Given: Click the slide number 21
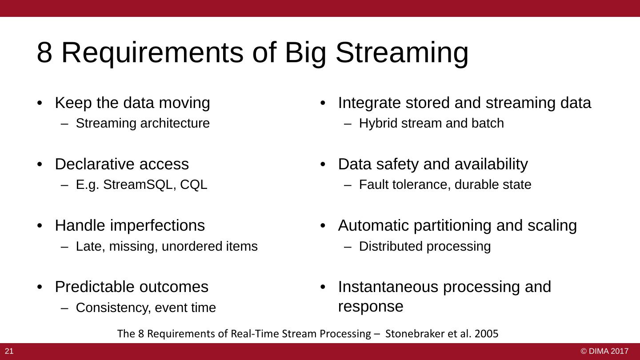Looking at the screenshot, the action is (9, 351).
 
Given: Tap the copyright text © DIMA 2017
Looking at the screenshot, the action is (604, 351).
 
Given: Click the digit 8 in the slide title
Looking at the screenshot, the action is (44, 52).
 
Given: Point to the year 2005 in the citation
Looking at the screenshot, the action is (487, 333).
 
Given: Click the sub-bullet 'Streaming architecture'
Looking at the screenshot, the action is (143, 124).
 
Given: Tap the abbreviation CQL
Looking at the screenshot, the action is (194, 185).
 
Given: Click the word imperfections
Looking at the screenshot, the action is (157, 226).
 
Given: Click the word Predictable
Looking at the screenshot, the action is (92, 287).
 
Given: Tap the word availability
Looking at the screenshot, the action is (491, 164).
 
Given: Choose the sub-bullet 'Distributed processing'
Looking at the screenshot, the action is (425, 247).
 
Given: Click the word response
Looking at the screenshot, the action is (371, 307).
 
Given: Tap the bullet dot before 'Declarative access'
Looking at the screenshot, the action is (40, 164).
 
